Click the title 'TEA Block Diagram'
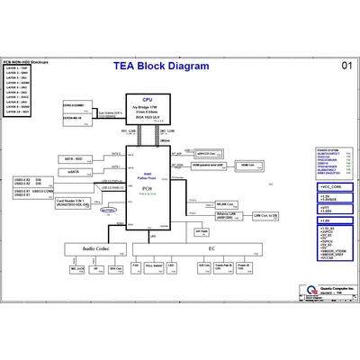160,66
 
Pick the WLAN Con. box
229,204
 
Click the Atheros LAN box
228,216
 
